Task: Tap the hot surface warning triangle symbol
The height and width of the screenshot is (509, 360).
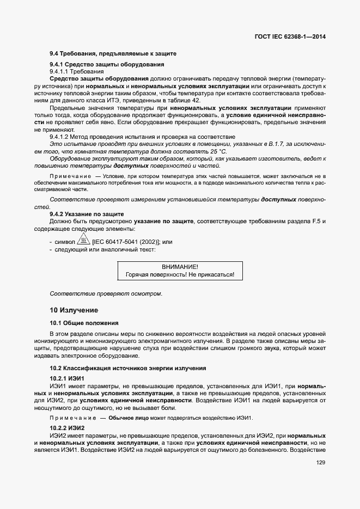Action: pos(83,241)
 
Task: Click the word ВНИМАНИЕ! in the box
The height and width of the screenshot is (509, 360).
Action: pos(180,267)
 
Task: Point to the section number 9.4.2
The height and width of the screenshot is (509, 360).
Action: pos(58,214)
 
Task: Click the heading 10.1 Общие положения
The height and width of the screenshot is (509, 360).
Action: pos(84,323)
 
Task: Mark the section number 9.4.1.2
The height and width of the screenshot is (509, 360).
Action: pos(61,137)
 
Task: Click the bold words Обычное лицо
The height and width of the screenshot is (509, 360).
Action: pos(129,418)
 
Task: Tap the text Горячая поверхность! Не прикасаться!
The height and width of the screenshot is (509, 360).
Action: pos(180,275)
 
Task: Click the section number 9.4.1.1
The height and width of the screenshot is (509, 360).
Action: pos(61,72)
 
